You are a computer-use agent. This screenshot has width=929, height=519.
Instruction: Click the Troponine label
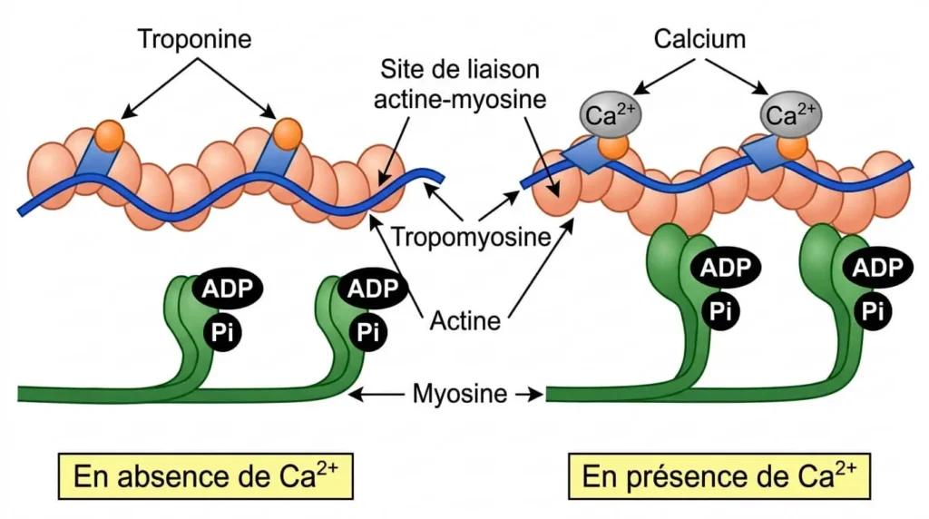pyautogui.click(x=194, y=39)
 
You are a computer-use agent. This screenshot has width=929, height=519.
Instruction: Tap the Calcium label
pyautogui.click(x=699, y=39)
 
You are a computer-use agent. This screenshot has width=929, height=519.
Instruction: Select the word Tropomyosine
pyautogui.click(x=472, y=238)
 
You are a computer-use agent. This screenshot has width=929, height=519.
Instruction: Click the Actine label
pyautogui.click(x=464, y=320)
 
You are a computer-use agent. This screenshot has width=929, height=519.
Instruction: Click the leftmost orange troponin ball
pyautogui.click(x=109, y=135)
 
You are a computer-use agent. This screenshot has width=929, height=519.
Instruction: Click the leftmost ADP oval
pyautogui.click(x=227, y=289)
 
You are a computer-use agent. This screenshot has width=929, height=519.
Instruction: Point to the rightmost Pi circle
pyautogui.click(x=873, y=311)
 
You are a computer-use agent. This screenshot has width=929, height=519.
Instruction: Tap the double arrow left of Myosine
pyautogui.click(x=380, y=395)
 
